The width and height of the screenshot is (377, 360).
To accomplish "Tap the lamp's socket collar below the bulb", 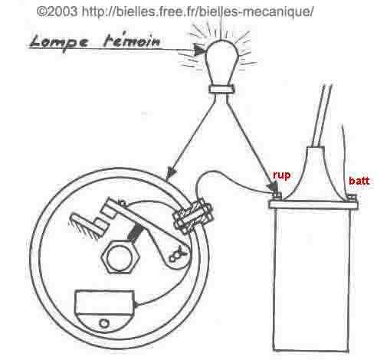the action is (x=221, y=90).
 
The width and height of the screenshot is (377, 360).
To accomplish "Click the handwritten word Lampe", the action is (x=59, y=41).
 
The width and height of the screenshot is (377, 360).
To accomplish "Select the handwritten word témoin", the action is (x=132, y=41).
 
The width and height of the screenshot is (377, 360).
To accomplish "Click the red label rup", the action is (x=282, y=175).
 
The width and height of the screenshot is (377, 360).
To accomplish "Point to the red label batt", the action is (x=359, y=181).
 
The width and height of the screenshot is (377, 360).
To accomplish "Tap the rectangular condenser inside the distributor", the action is (x=104, y=303).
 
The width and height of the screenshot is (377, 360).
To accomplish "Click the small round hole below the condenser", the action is (x=104, y=323).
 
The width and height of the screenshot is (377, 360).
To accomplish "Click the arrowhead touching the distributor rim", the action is (x=169, y=174).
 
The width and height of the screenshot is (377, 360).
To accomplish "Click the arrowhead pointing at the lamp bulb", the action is (x=199, y=50).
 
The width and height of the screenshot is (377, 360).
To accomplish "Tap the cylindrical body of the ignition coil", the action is (x=311, y=280).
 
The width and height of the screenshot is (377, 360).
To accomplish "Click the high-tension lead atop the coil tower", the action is (x=323, y=116).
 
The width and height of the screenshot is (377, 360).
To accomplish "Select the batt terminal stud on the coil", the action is (x=352, y=198).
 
